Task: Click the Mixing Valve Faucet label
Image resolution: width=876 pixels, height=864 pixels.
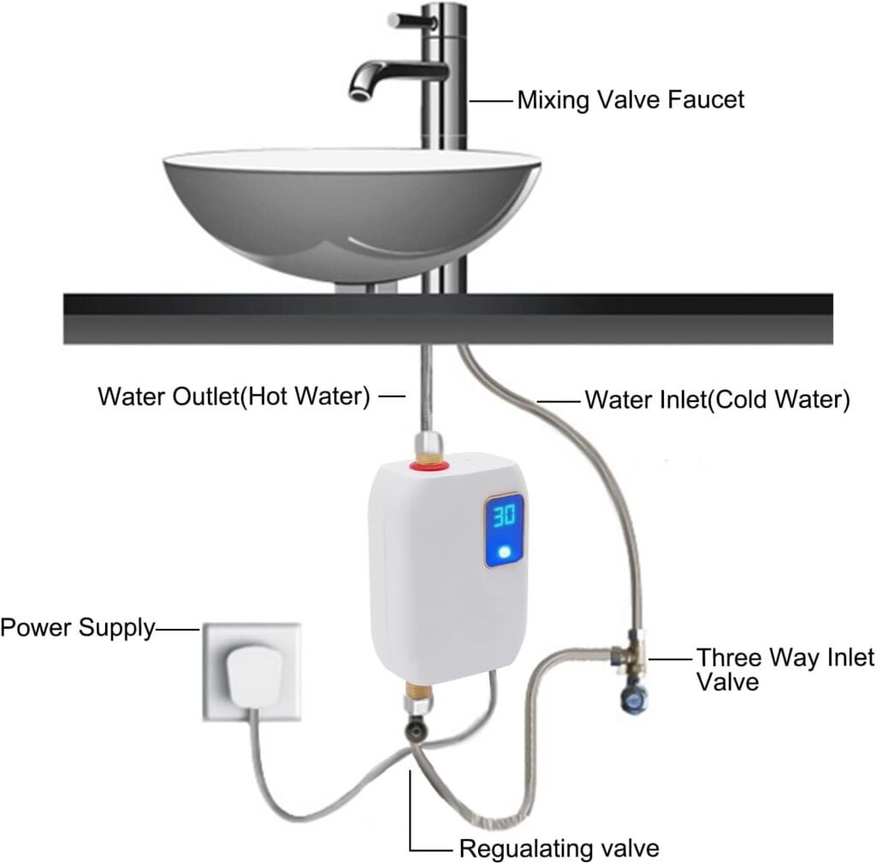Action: (x=630, y=100)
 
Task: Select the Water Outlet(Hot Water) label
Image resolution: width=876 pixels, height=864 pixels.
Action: (x=234, y=397)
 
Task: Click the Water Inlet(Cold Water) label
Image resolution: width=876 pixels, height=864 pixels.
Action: (x=716, y=399)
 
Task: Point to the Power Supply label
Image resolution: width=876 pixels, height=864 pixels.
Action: (x=77, y=629)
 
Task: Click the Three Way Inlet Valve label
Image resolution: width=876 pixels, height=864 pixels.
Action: (x=784, y=670)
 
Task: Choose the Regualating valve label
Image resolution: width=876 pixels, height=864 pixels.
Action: (x=559, y=849)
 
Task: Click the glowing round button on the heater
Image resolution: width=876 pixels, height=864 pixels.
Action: (x=506, y=553)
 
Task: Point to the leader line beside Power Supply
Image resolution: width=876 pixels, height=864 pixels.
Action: (x=177, y=630)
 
